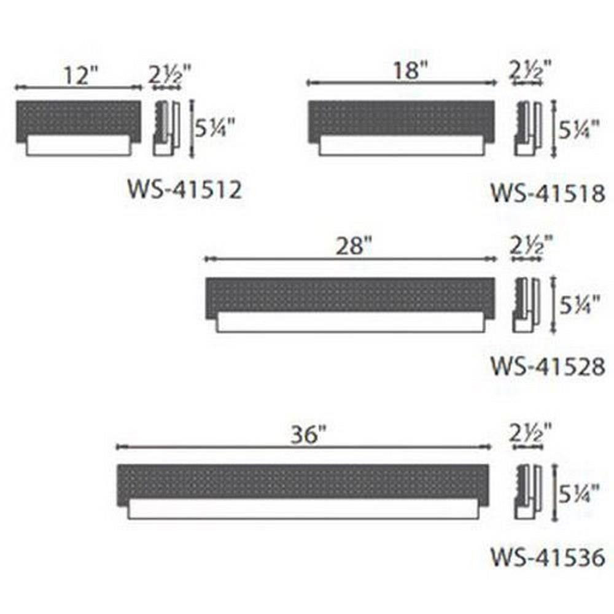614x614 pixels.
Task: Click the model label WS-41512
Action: [x=184, y=190]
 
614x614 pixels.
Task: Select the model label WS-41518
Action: [x=548, y=193]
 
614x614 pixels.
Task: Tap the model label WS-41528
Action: [x=548, y=367]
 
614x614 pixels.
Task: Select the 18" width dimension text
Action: [x=411, y=71]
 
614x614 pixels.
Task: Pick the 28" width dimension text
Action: [x=354, y=246]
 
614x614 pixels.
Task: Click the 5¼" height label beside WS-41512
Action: [x=215, y=128]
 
